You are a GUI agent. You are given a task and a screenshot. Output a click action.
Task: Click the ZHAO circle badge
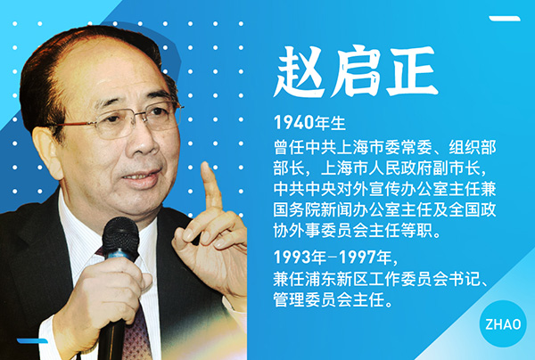[x=503, y=323]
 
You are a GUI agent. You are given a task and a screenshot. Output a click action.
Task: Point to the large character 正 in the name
[x=411, y=72]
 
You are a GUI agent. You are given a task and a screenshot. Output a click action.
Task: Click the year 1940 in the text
[x=293, y=123]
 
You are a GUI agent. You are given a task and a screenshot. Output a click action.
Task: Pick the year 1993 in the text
[x=293, y=258]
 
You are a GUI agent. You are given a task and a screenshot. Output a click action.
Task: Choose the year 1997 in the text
[x=358, y=258]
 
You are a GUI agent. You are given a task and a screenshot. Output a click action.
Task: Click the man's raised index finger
[x=210, y=186]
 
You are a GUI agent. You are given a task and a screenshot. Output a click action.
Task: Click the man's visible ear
[x=48, y=152]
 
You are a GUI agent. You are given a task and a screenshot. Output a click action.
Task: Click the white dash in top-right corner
[x=505, y=19]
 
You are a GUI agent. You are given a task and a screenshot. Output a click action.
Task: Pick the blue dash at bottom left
[x=32, y=340]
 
